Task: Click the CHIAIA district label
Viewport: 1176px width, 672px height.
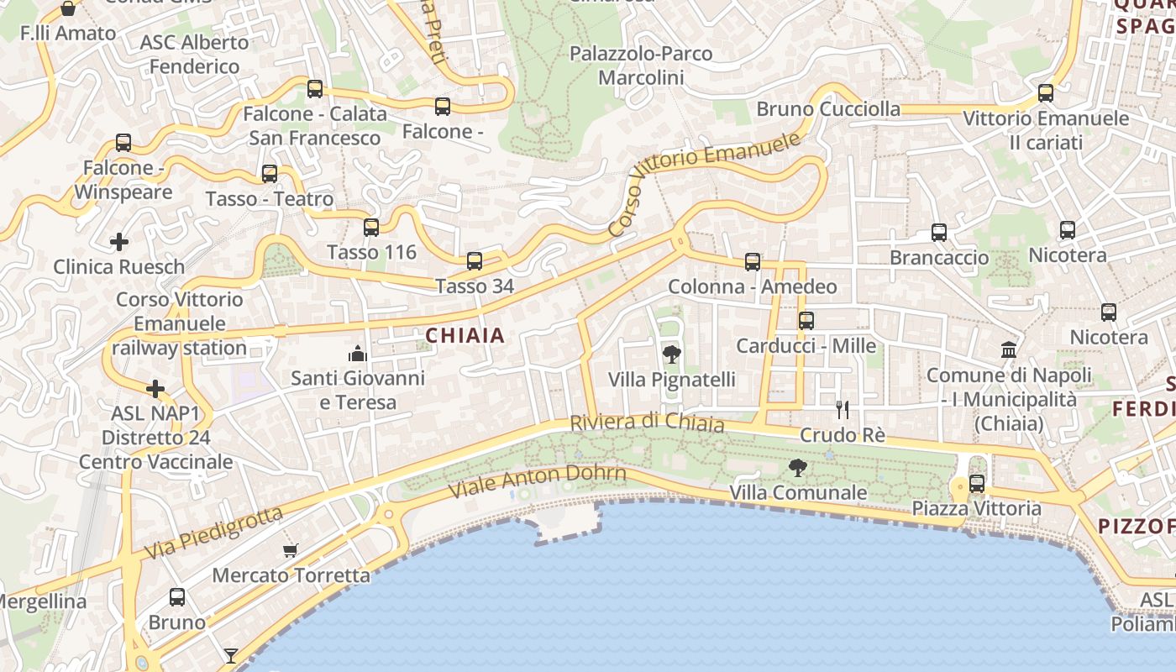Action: pyautogui.click(x=465, y=336)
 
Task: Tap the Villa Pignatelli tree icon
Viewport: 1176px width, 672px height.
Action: pyautogui.click(x=671, y=354)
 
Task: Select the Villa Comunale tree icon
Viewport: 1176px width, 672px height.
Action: pyautogui.click(x=797, y=468)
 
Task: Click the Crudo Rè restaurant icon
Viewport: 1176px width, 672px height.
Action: pyautogui.click(x=843, y=410)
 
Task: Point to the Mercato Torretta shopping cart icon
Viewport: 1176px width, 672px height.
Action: pyautogui.click(x=291, y=550)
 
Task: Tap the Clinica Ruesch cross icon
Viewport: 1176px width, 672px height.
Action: pyautogui.click(x=119, y=243)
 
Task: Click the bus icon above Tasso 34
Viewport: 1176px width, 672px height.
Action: pyautogui.click(x=475, y=261)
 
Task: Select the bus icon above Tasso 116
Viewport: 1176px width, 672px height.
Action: pyautogui.click(x=371, y=227)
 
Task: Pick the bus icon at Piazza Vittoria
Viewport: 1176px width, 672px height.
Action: pyautogui.click(x=976, y=484)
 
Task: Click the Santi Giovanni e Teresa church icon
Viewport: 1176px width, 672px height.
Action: pyautogui.click(x=358, y=354)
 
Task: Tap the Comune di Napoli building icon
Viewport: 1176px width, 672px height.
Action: pyautogui.click(x=1008, y=349)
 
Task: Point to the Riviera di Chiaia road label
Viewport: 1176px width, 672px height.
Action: pyautogui.click(x=647, y=422)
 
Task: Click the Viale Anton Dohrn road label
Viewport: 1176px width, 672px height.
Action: pyautogui.click(x=538, y=481)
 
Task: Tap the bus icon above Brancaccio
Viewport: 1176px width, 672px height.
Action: pyautogui.click(x=939, y=233)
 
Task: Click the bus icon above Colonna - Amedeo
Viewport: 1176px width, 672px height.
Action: pyautogui.click(x=753, y=262)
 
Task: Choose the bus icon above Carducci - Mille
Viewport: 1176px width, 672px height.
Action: pyautogui.click(x=806, y=320)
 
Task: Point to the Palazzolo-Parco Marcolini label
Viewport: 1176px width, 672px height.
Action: pyautogui.click(x=641, y=66)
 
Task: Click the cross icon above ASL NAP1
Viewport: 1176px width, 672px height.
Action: pyautogui.click(x=155, y=389)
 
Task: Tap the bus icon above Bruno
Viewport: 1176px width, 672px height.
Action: pyautogui.click(x=177, y=597)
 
